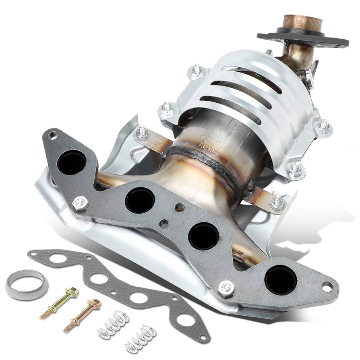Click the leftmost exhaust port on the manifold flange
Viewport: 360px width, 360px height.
pos(71,162)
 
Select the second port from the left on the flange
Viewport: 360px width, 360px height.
pos(139,200)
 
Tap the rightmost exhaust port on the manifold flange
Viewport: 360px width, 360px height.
pos(281,279)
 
